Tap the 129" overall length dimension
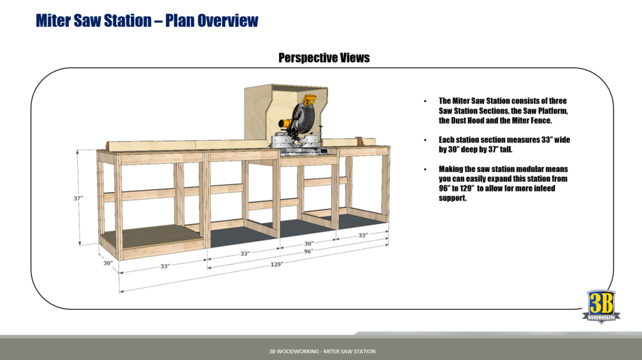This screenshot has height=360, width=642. click(x=276, y=264)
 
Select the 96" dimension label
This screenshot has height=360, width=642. click(x=308, y=251)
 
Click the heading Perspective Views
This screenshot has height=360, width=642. click(x=324, y=58)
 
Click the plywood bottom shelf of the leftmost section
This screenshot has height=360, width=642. click(x=150, y=238)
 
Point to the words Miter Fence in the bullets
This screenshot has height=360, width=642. click(x=527, y=120)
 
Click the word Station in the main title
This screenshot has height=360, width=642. click(x=121, y=20)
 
